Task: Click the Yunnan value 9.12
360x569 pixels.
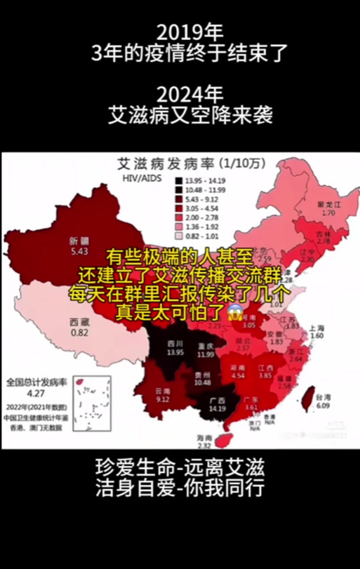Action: tap(162, 399)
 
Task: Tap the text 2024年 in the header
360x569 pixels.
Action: tap(180, 93)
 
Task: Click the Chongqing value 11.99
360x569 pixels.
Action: tap(205, 354)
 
